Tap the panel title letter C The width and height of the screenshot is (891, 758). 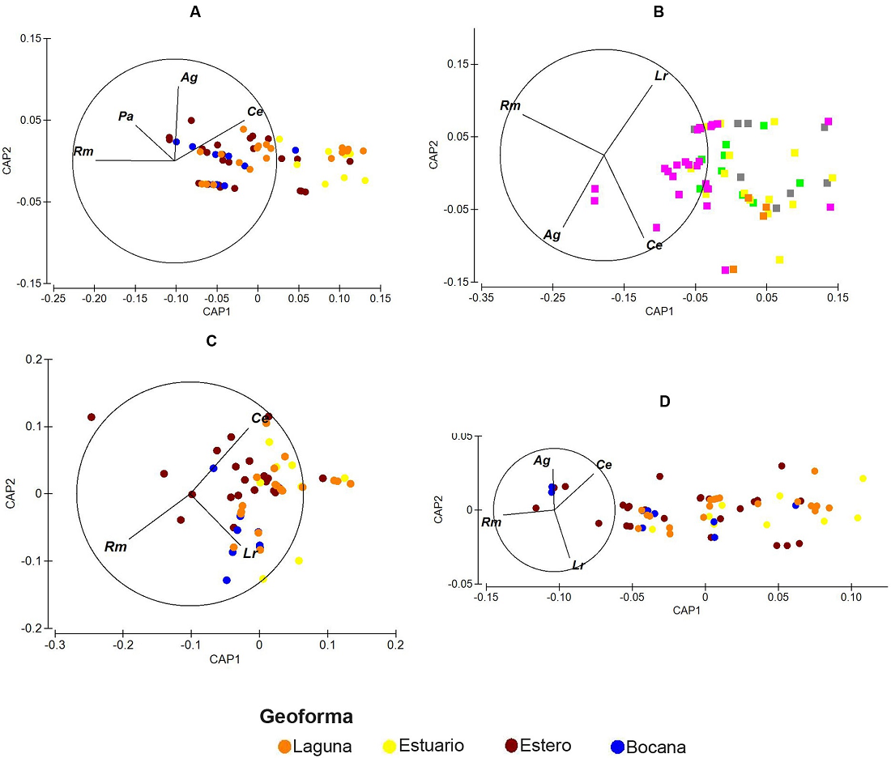[211, 340]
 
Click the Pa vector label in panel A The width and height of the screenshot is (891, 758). [126, 117]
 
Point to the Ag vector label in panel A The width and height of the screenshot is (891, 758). [189, 78]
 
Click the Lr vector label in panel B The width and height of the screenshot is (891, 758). [661, 76]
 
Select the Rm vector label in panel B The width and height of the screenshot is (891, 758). [510, 106]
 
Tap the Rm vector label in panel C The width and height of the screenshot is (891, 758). [115, 547]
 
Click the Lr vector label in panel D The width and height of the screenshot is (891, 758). [578, 564]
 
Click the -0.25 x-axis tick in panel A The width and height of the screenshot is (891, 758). [53, 298]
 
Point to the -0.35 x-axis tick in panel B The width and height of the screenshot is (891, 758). [481, 298]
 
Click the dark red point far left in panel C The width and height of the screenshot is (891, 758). [92, 417]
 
